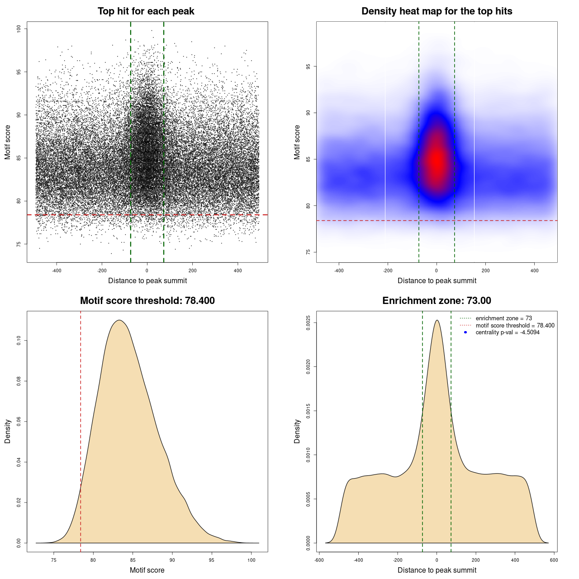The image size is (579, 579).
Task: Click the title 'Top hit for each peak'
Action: pyautogui.click(x=146, y=11)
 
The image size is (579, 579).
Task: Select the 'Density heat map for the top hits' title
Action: pyautogui.click(x=437, y=11)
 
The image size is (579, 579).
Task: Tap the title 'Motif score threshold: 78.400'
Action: pyautogui.click(x=147, y=301)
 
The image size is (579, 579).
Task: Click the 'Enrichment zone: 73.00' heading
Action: pyautogui.click(x=437, y=301)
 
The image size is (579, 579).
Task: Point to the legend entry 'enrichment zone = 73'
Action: pyautogui.click(x=503, y=318)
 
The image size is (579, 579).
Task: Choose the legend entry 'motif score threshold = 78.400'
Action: pyautogui.click(x=515, y=325)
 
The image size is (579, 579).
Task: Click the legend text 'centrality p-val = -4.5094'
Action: pyautogui.click(x=508, y=332)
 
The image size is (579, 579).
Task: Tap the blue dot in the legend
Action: pyautogui.click(x=465, y=332)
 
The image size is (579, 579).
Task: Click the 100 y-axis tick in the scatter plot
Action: pyautogui.click(x=19, y=28)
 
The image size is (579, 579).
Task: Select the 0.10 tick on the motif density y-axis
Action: pyautogui.click(x=19, y=340)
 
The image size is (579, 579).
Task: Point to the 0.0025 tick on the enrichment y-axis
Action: pyautogui.click(x=308, y=323)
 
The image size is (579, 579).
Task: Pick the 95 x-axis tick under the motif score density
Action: pyautogui.click(x=212, y=560)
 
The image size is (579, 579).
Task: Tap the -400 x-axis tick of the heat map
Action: pyautogui.click(x=339, y=271)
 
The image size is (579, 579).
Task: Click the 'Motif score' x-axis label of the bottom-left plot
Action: pyautogui.click(x=147, y=570)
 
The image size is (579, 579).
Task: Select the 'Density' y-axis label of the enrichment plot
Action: pyautogui.click(x=297, y=431)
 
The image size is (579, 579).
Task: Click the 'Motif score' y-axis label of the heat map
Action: pyautogui.click(x=297, y=142)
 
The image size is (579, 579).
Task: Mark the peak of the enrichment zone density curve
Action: pyautogui.click(x=437, y=321)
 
